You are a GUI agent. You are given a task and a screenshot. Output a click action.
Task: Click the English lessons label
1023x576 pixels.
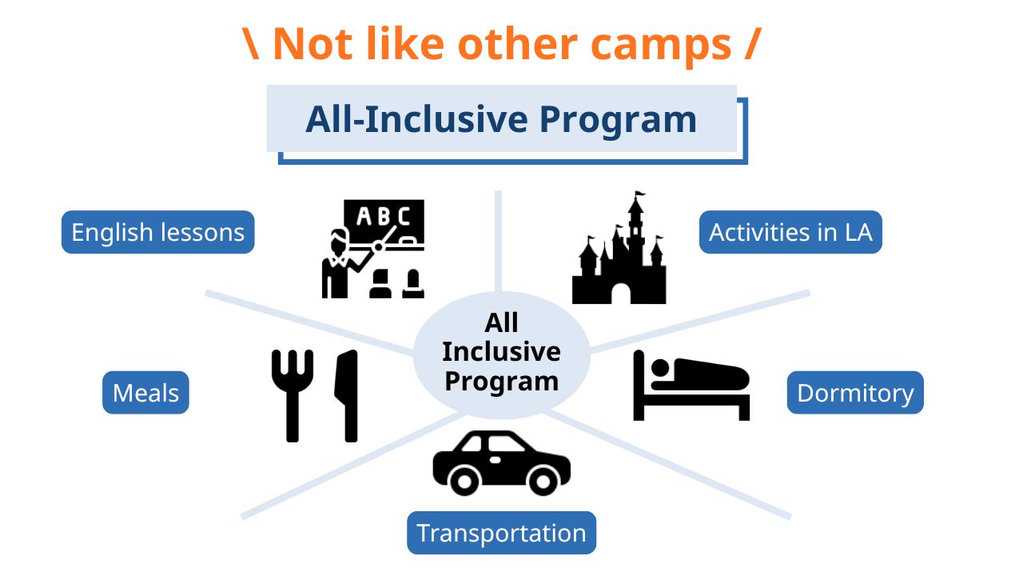tap(158, 232)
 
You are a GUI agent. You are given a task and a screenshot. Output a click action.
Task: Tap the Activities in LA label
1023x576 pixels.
tap(790, 232)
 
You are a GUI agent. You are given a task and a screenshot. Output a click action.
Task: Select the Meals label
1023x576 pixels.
tap(145, 393)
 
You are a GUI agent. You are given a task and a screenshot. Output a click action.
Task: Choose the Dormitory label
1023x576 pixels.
tap(855, 393)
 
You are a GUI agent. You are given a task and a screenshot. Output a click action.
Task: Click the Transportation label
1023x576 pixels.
tap(501, 533)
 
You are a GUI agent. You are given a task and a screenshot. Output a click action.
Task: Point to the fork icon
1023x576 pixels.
tap(293, 396)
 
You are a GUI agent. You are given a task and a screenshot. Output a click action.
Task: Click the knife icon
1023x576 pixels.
tap(347, 396)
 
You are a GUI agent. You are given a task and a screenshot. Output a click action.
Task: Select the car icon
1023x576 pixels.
tap(501, 462)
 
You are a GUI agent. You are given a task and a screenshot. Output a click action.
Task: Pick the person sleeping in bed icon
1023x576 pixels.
tap(691, 386)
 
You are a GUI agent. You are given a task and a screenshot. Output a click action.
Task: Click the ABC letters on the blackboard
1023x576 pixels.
tap(384, 216)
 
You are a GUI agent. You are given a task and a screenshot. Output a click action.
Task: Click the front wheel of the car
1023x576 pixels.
tap(543, 481)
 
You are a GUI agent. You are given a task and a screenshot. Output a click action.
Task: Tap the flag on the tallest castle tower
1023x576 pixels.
tap(640, 194)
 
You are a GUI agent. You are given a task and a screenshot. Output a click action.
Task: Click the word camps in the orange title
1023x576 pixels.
tap(661, 45)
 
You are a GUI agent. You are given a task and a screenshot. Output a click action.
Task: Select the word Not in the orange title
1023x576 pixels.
tap(312, 44)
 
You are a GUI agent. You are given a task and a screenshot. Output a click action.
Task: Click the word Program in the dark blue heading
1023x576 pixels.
tap(619, 120)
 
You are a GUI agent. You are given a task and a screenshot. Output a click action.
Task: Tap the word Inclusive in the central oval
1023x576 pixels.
tap(501, 351)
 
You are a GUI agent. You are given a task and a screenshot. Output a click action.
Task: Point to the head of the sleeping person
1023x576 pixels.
tap(660, 367)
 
